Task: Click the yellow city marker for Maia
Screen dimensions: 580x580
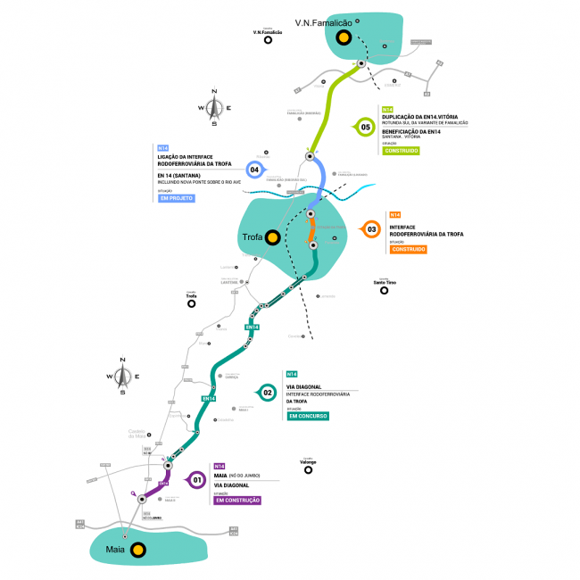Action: click(138, 550)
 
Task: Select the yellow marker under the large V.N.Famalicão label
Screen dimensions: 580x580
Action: click(343, 37)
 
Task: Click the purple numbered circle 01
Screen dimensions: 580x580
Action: click(196, 480)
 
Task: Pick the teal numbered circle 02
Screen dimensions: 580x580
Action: click(266, 392)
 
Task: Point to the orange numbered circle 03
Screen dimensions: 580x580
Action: click(372, 230)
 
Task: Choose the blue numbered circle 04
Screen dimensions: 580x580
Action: click(255, 169)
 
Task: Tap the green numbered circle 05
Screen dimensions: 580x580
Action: click(366, 127)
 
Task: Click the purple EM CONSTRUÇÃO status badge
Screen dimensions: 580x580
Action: click(237, 501)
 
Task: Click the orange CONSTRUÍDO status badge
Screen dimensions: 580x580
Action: click(409, 249)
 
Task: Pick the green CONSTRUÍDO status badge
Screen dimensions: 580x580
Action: click(401, 150)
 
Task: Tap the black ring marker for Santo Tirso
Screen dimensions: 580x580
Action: click(384, 290)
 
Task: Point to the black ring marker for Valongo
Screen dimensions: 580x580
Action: click(308, 469)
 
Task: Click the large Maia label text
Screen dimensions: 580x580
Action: click(114, 550)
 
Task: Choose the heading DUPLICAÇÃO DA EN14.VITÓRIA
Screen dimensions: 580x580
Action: click(418, 117)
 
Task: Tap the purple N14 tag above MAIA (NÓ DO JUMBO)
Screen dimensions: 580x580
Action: click(219, 466)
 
